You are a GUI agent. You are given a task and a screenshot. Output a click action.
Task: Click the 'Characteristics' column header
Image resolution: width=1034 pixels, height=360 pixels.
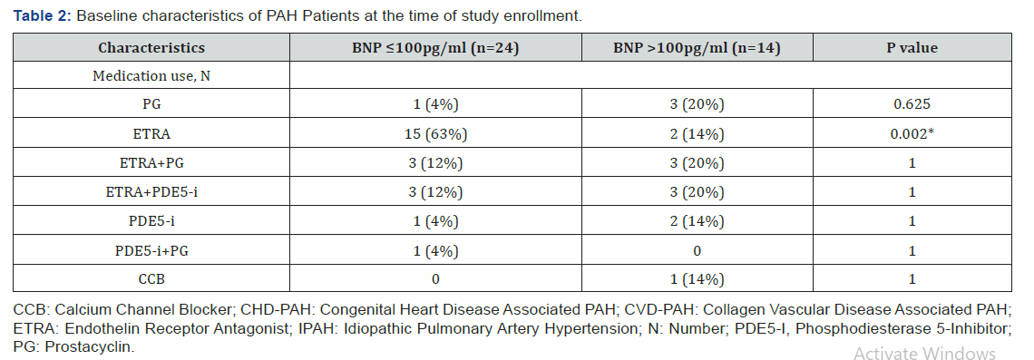[x=151, y=48]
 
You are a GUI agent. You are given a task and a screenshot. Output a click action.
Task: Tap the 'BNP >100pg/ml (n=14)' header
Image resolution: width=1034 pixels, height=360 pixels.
[x=697, y=48]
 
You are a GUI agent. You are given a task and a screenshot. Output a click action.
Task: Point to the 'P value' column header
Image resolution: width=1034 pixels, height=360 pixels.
[x=912, y=48]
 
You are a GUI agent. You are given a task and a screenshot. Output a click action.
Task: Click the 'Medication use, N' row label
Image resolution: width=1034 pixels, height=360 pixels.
[x=151, y=76]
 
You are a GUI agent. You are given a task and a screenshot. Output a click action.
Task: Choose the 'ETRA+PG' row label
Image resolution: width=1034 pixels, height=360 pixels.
[x=151, y=163]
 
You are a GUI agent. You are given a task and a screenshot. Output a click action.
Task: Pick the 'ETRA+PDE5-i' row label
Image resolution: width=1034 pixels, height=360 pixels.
[x=151, y=192]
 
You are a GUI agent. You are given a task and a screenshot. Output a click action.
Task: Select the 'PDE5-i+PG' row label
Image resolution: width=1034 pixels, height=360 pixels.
[x=151, y=250]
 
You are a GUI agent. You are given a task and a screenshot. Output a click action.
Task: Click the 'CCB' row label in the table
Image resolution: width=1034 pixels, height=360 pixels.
[x=151, y=279]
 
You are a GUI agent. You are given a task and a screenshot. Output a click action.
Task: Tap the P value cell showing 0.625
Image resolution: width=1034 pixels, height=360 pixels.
[x=912, y=105]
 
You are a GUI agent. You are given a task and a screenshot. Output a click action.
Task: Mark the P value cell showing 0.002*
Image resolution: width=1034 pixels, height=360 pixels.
[x=912, y=134]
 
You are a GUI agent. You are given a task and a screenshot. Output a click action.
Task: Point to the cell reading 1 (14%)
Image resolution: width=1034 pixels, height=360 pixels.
[x=697, y=279]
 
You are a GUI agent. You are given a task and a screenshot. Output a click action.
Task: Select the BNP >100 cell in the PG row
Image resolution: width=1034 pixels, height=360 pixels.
[x=697, y=105]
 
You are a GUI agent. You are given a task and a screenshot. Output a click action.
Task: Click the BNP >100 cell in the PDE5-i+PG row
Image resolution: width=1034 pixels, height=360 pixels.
[x=697, y=250]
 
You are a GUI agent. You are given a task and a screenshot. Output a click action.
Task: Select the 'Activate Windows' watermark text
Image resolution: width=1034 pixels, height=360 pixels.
[x=924, y=354]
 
